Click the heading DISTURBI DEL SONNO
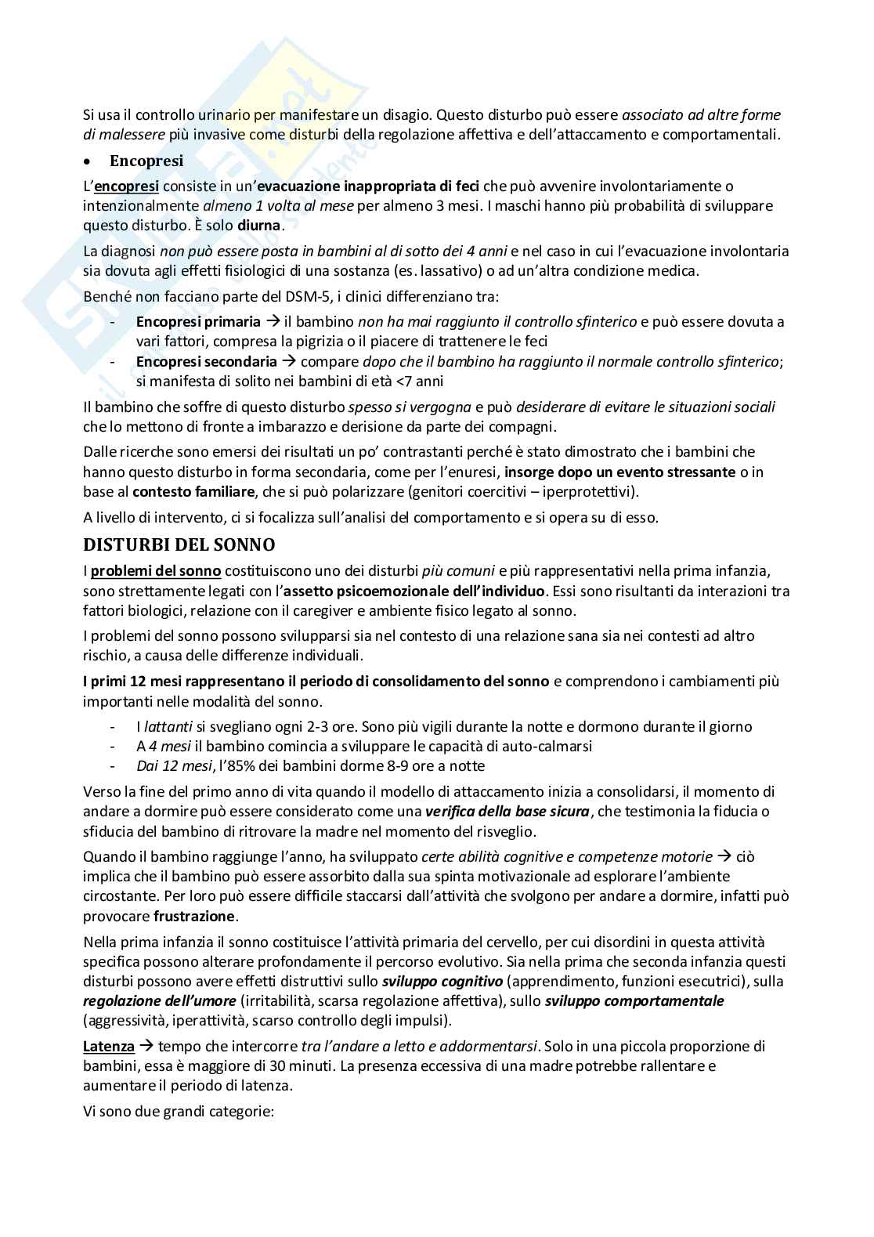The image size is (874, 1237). tap(179, 544)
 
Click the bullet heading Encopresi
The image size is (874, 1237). tap(146, 161)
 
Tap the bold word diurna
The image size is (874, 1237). tap(258, 226)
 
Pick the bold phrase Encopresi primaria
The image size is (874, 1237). tap(198, 321)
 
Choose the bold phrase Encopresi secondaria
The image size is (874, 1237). tap(207, 361)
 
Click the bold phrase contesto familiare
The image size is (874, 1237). tap(193, 492)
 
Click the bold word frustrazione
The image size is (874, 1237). tap(194, 916)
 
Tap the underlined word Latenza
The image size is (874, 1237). tap(109, 1046)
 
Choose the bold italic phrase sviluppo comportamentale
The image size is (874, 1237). tap(634, 1000)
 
